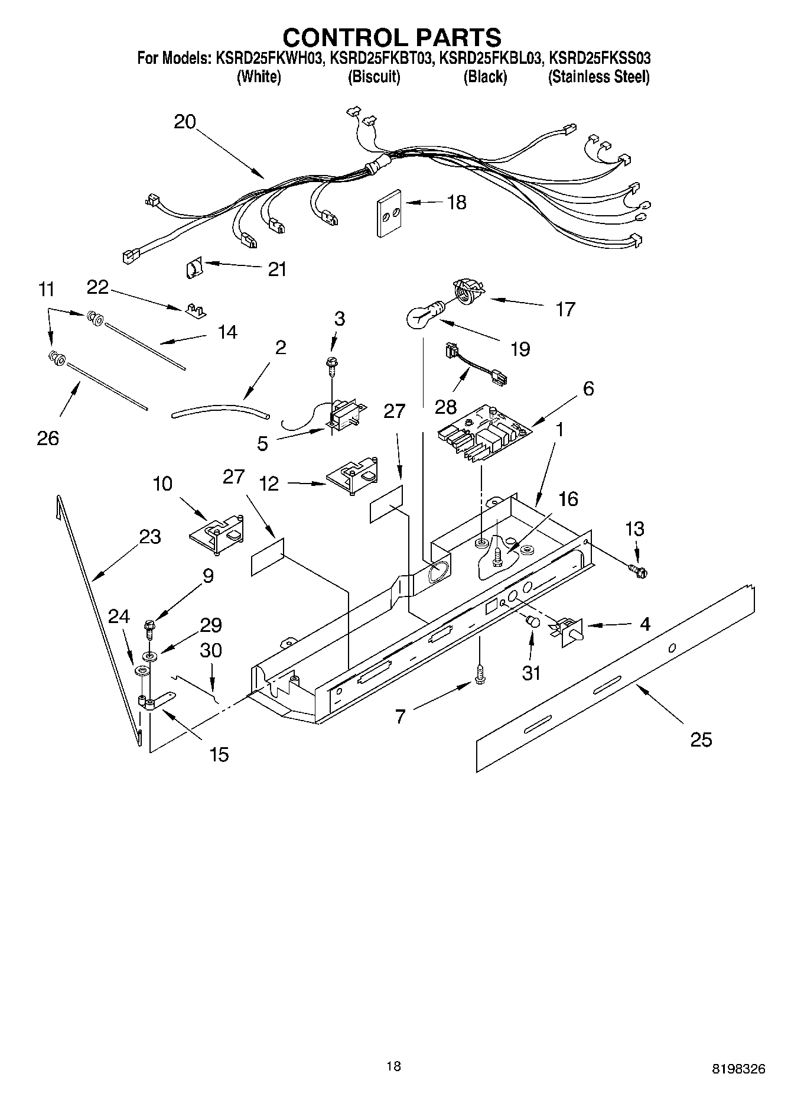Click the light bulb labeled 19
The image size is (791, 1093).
421,316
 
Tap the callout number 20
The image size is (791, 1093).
185,122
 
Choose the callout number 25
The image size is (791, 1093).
701,740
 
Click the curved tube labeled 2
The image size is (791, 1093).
220,410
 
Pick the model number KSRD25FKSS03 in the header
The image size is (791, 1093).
600,59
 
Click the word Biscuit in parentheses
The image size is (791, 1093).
373,77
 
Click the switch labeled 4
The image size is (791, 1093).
569,629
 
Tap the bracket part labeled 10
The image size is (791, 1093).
217,530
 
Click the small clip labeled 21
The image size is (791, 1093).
192,269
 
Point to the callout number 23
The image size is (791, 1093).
149,537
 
